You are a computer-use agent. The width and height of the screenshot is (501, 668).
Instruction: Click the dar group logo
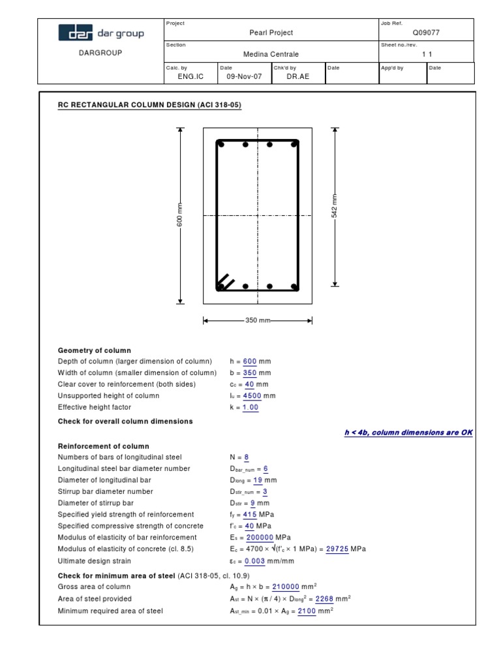coord(101,33)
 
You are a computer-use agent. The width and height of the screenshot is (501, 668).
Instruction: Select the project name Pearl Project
coord(271,33)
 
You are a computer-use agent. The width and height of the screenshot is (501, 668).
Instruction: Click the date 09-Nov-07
coord(243,76)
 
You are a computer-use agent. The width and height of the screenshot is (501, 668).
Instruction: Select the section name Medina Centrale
coord(271,55)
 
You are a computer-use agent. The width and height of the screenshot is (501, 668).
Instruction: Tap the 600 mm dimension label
coord(181,215)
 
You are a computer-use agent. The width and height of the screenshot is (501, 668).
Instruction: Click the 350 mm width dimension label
coord(258,320)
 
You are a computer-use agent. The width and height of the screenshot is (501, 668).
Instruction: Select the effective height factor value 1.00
coord(250,408)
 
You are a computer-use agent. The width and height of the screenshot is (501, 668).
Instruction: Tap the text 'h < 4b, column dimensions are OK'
coord(408,433)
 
